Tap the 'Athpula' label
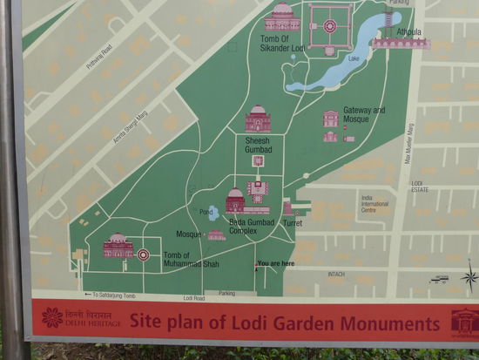408,32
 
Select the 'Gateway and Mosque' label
364,114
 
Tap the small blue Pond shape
213,213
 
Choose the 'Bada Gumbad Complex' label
252,227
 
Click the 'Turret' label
293,223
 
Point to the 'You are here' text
275,263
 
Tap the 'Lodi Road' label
194,297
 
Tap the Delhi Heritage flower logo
52,318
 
